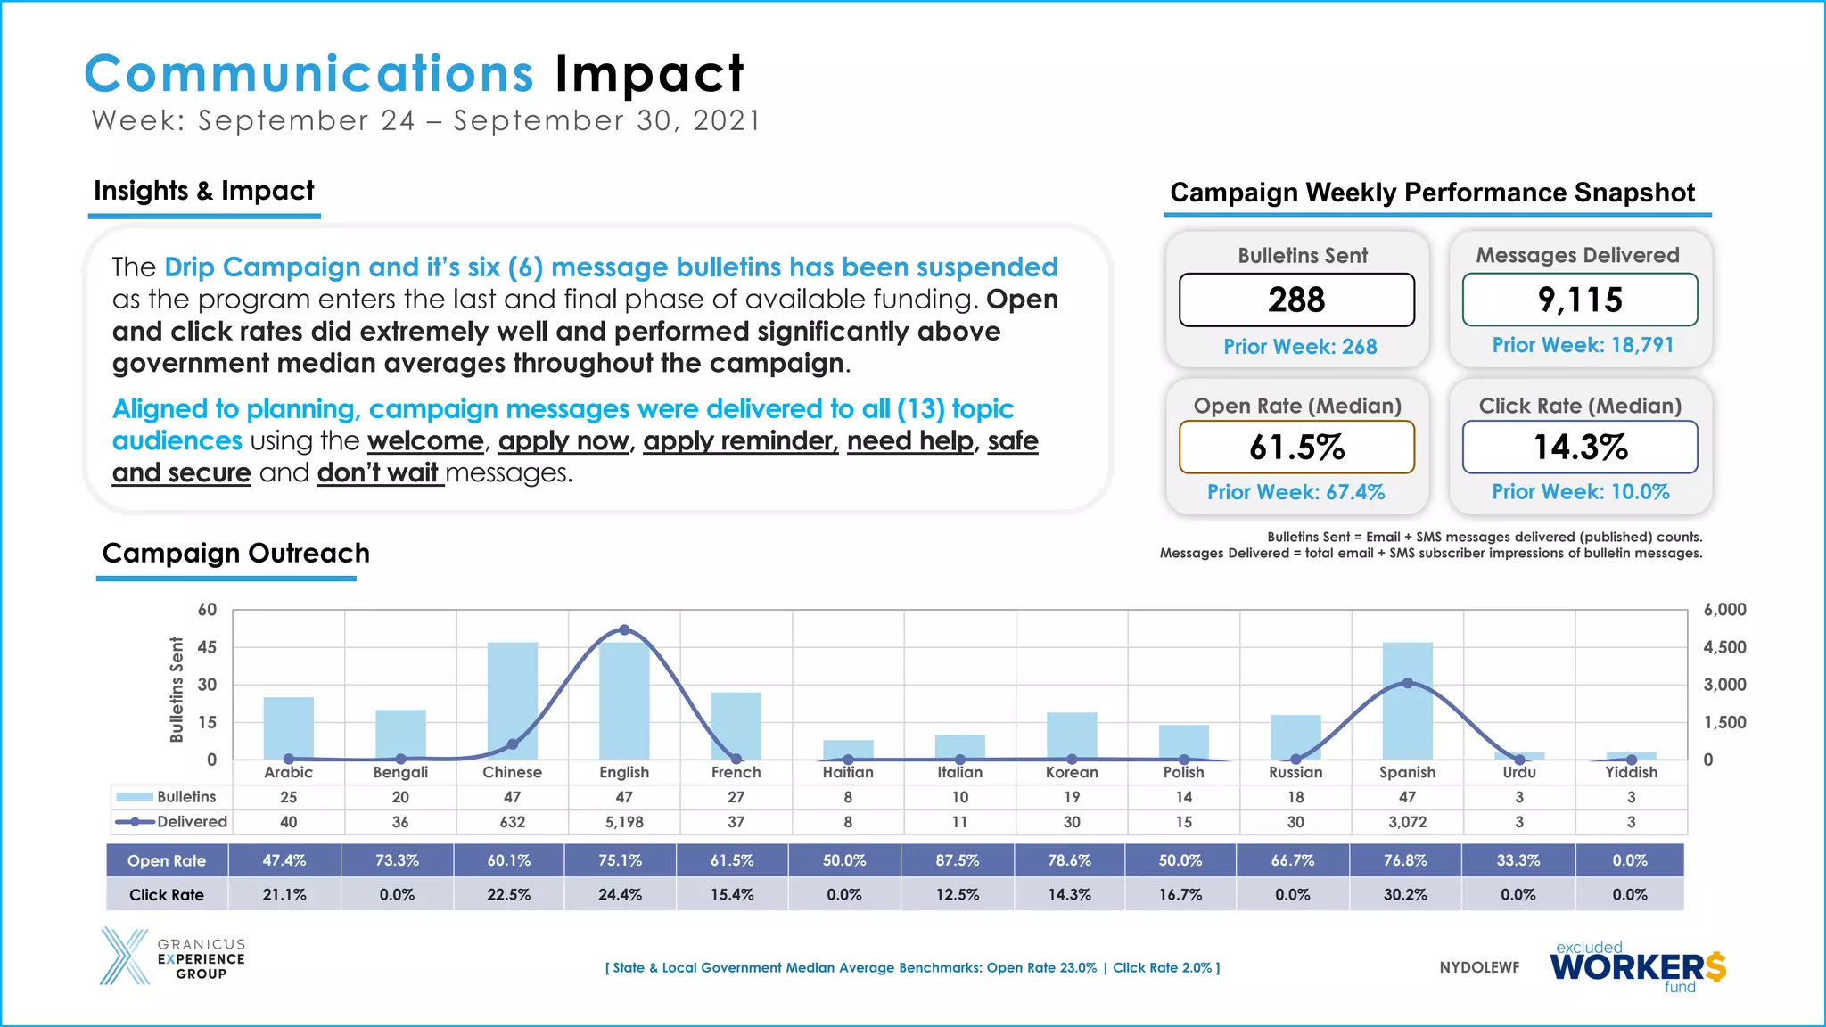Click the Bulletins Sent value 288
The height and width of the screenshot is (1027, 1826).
click(1296, 300)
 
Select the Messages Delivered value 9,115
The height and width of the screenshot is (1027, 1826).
click(1580, 300)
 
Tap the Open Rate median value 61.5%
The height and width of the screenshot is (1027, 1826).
click(1296, 448)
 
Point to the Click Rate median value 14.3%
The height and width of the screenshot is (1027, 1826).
click(1580, 448)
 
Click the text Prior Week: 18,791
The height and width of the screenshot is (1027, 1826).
click(1583, 345)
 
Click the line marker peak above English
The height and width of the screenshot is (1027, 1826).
click(624, 630)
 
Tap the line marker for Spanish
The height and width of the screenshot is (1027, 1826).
click(1407, 683)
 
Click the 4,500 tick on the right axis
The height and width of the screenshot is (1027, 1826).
click(1724, 647)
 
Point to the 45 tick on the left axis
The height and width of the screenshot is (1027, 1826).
click(207, 647)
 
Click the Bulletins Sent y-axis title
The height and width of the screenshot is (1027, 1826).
click(177, 689)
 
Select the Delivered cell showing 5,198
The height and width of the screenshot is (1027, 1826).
click(624, 822)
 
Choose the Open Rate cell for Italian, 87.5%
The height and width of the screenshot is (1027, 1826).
click(957, 860)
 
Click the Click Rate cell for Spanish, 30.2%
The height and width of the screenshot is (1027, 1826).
click(1404, 894)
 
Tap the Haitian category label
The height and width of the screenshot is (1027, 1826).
click(847, 772)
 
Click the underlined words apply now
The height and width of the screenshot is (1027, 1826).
click(563, 441)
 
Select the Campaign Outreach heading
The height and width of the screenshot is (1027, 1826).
click(235, 553)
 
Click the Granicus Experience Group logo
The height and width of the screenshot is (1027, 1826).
click(172, 957)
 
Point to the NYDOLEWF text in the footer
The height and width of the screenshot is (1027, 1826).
click(1479, 967)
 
